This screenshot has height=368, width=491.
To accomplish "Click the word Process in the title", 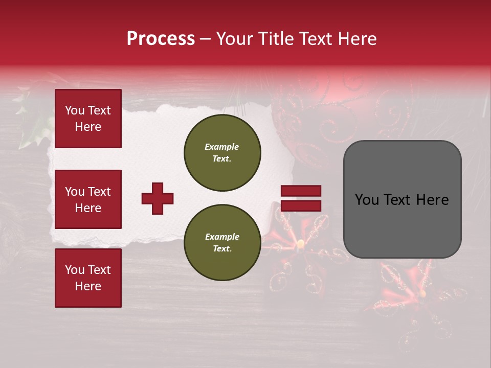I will click(161, 38).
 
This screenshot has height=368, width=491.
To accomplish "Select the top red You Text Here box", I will click(88, 119).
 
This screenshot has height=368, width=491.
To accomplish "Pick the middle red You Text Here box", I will click(88, 199).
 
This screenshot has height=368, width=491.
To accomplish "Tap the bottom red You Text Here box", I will click(88, 278).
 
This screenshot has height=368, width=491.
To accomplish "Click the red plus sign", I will click(158, 198).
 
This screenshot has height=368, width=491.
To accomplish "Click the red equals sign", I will click(301, 198).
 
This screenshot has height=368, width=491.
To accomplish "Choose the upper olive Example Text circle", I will click(222, 153).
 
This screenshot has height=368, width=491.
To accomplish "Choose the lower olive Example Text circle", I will click(222, 243).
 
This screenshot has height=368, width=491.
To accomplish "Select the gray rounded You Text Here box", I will click(402, 199).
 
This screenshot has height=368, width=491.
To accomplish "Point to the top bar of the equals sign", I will click(301, 191).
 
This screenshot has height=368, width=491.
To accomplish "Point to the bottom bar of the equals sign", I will click(301, 206).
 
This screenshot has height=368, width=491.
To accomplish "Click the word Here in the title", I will click(359, 38).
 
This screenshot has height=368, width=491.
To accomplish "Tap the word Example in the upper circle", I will click(222, 147).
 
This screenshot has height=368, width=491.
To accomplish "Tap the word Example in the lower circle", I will click(222, 237).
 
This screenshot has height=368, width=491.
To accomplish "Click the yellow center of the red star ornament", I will click(300, 243).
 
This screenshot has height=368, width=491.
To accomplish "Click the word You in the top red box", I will click(75, 110).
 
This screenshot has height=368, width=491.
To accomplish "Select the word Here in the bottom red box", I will click(88, 286).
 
